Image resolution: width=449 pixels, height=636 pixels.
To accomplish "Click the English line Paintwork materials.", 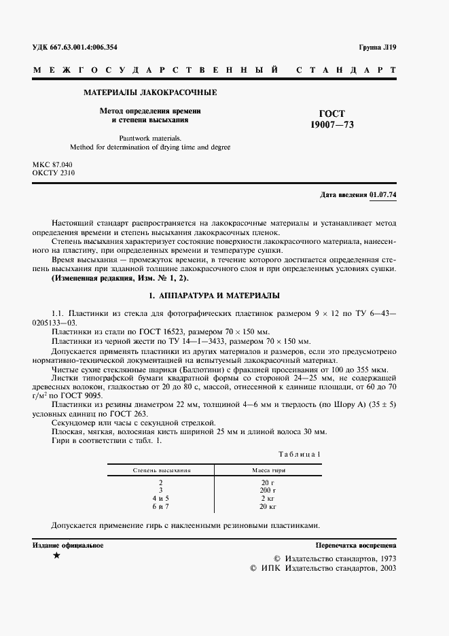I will [x=150, y=137].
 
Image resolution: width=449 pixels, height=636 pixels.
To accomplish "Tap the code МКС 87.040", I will [x=52, y=165].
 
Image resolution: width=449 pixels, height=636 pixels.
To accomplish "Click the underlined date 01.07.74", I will [x=383, y=195].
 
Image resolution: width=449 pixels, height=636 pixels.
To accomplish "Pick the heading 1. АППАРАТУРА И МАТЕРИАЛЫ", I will [x=215, y=296].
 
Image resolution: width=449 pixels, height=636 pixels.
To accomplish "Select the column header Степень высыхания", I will [x=161, y=470].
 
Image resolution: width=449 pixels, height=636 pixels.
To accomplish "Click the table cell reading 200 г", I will [x=268, y=490].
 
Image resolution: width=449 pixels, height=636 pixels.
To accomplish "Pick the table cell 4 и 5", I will [x=161, y=498].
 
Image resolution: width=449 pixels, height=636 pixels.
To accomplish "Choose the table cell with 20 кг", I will [x=268, y=507].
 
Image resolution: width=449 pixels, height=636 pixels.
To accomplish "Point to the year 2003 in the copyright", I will [x=385, y=567].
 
